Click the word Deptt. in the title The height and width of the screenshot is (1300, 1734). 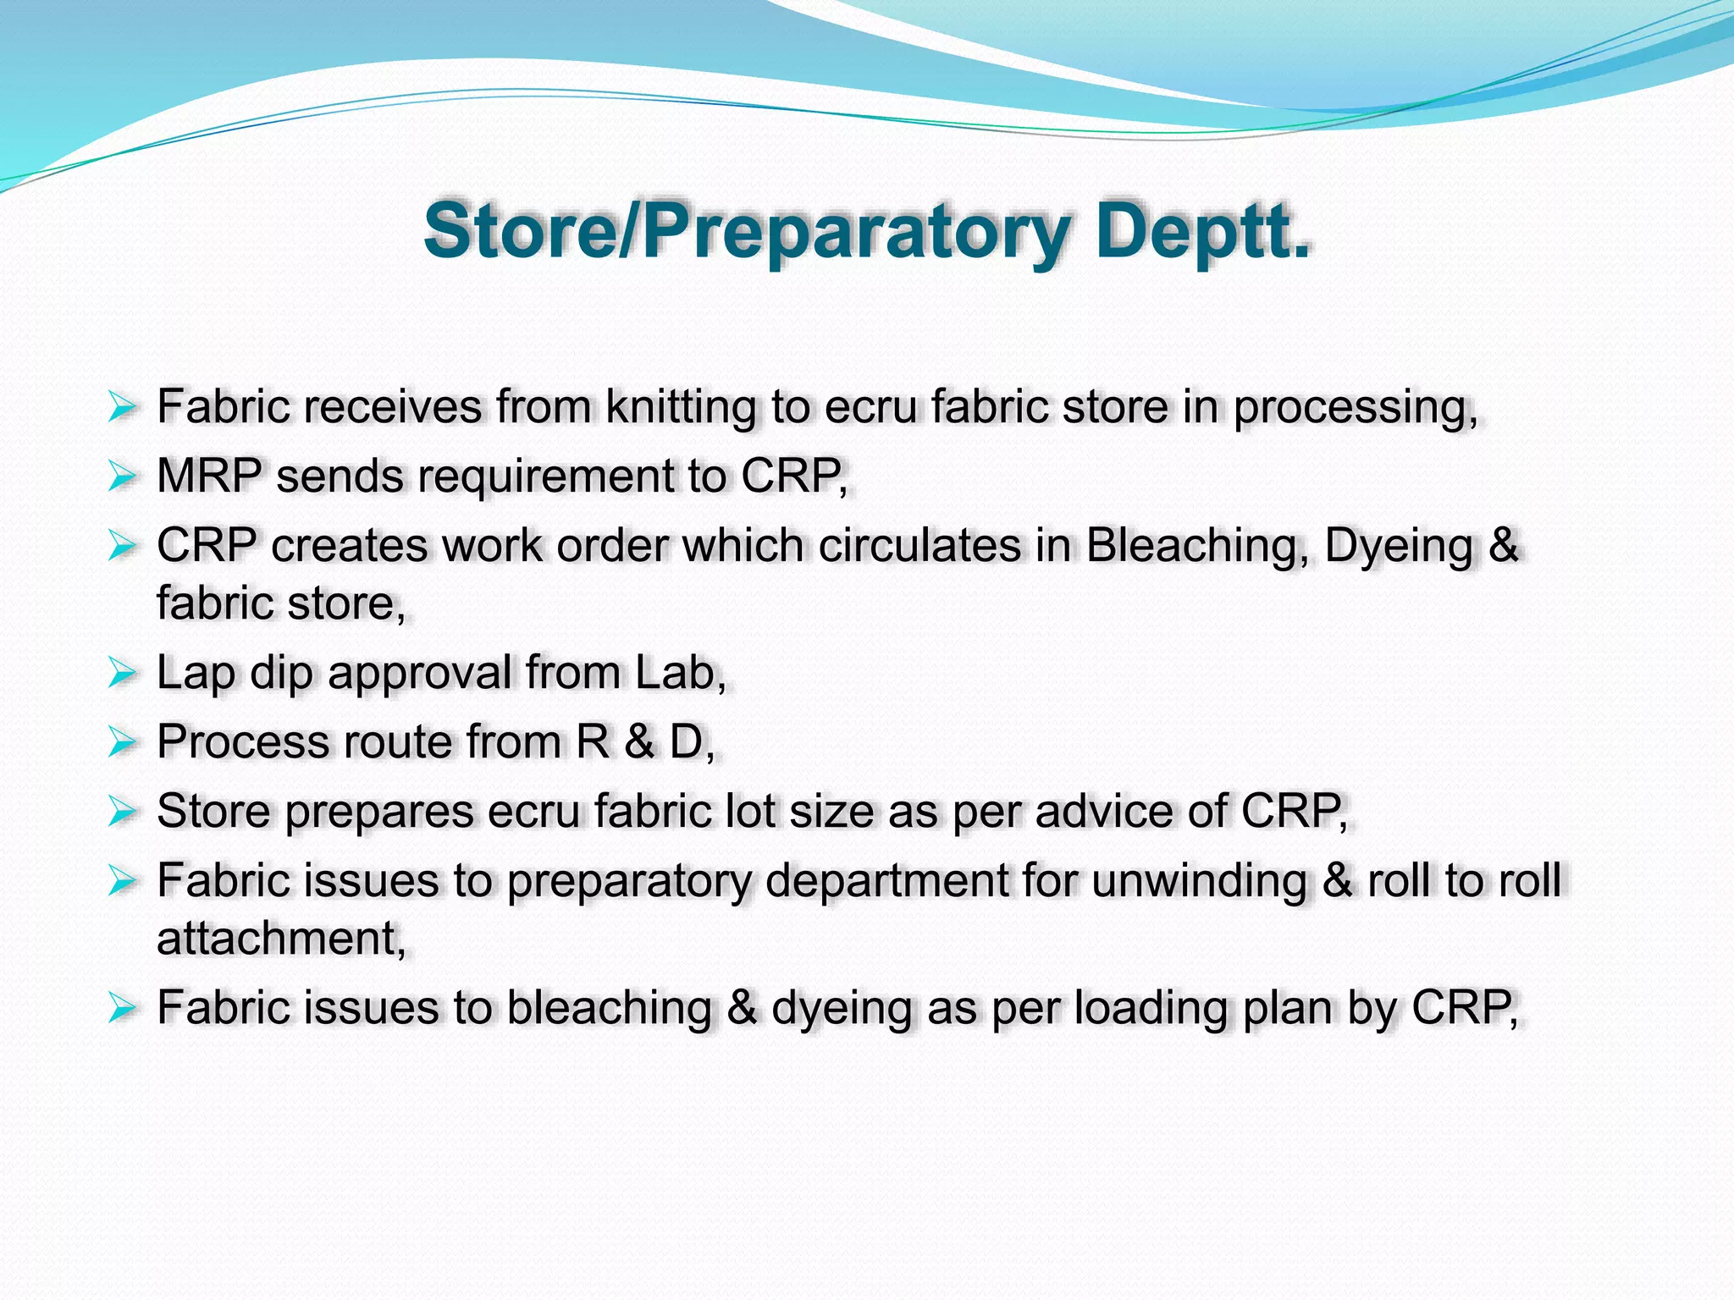[x=1202, y=231]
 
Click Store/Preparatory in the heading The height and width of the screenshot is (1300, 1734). [x=745, y=231]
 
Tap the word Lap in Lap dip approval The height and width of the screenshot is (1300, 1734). [x=195, y=674]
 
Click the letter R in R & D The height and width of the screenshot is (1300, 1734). [x=593, y=742]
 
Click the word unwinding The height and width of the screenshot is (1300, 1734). [x=1199, y=881]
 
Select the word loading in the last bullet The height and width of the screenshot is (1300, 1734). [x=1151, y=1008]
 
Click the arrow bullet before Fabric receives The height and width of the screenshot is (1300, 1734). [x=123, y=408]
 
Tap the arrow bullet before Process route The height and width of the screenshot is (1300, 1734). [x=123, y=743]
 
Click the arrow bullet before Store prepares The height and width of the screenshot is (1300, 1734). [x=123, y=812]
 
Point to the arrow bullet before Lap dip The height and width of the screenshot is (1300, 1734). [x=123, y=675]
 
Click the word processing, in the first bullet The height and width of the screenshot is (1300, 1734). [x=1355, y=409]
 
